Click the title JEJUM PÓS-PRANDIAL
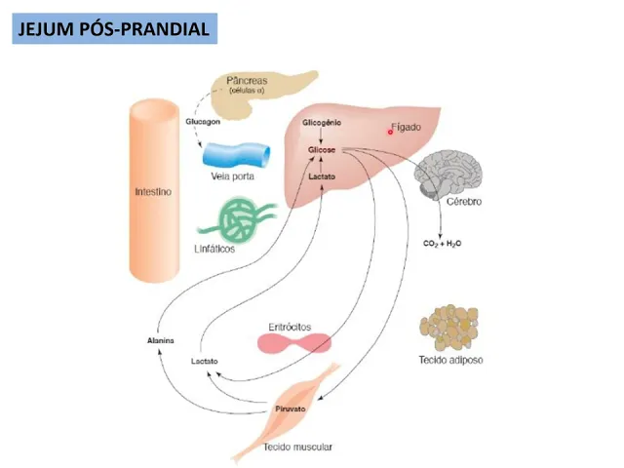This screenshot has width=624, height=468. pos(114,29)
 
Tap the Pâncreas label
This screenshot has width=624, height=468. pos(249,79)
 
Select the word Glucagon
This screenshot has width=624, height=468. pos(203,122)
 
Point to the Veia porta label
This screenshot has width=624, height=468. pos(232,177)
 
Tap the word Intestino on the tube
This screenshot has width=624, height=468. pos(153,192)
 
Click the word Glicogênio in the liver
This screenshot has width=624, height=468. pos(322,125)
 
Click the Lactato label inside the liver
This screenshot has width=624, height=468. pos(322,177)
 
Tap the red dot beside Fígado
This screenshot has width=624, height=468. pos(390,131)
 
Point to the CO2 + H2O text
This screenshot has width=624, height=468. pos(443,242)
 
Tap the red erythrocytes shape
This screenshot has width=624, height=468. pos(294,343)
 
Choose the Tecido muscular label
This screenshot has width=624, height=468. pos(297,447)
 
